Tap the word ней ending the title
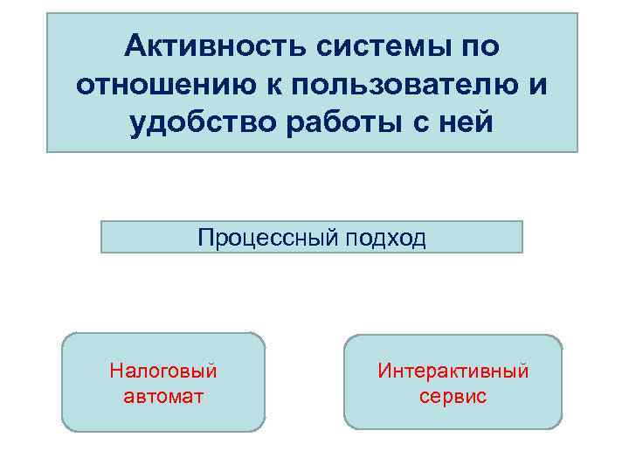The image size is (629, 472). pos(467,123)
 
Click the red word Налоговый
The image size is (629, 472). pos(163,371)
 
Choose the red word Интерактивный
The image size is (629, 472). pos(453,371)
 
